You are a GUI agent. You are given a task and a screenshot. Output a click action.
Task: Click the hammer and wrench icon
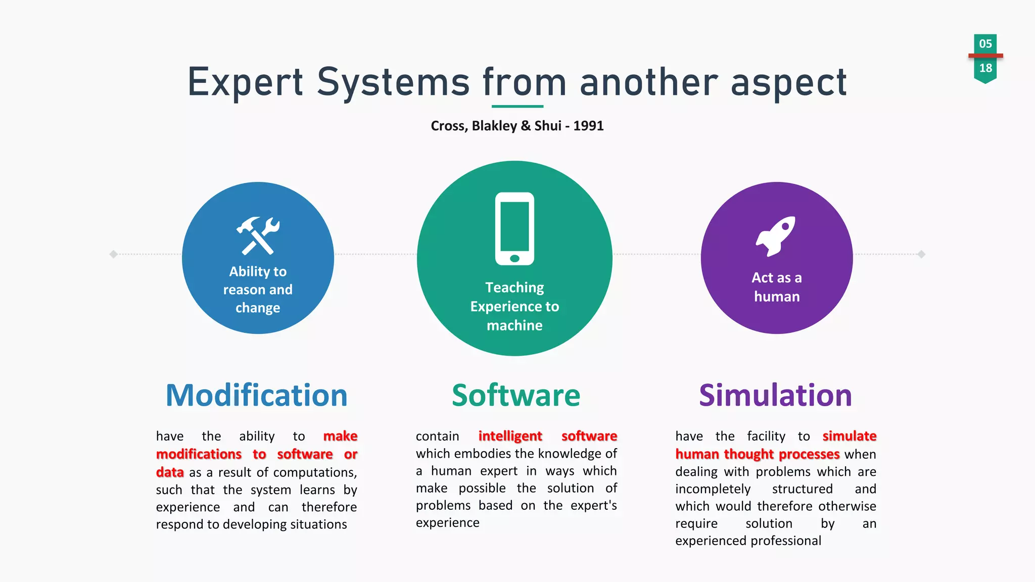tap(258, 235)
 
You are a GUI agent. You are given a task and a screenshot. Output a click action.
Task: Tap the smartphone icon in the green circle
tap(514, 228)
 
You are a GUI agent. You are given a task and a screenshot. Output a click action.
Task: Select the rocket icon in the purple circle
tap(776, 236)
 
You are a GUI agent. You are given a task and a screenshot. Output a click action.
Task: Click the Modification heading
tap(257, 395)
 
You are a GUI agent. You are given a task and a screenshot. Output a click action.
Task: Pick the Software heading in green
tap(516, 395)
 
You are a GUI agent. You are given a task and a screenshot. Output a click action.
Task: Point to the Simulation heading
tap(775, 395)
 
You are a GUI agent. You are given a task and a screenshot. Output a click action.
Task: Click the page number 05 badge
tap(985, 43)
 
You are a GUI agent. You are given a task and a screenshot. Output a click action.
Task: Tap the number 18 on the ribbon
tap(985, 68)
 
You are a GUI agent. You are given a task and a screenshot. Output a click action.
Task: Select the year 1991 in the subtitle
tap(588, 126)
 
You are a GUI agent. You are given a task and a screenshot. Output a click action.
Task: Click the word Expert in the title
tap(245, 82)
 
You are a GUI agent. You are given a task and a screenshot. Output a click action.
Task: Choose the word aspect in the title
tap(789, 83)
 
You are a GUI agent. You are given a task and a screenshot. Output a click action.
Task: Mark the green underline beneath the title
tap(517, 107)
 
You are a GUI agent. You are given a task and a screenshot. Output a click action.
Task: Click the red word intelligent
tap(510, 436)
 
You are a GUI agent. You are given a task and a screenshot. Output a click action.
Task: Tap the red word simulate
tap(849, 436)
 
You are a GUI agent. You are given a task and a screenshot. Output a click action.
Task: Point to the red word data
tap(170, 472)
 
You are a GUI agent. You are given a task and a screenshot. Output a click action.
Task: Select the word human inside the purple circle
tap(777, 297)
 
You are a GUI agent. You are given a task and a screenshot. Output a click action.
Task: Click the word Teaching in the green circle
tap(514, 287)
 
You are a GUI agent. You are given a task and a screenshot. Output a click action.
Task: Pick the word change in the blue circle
tap(258, 308)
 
